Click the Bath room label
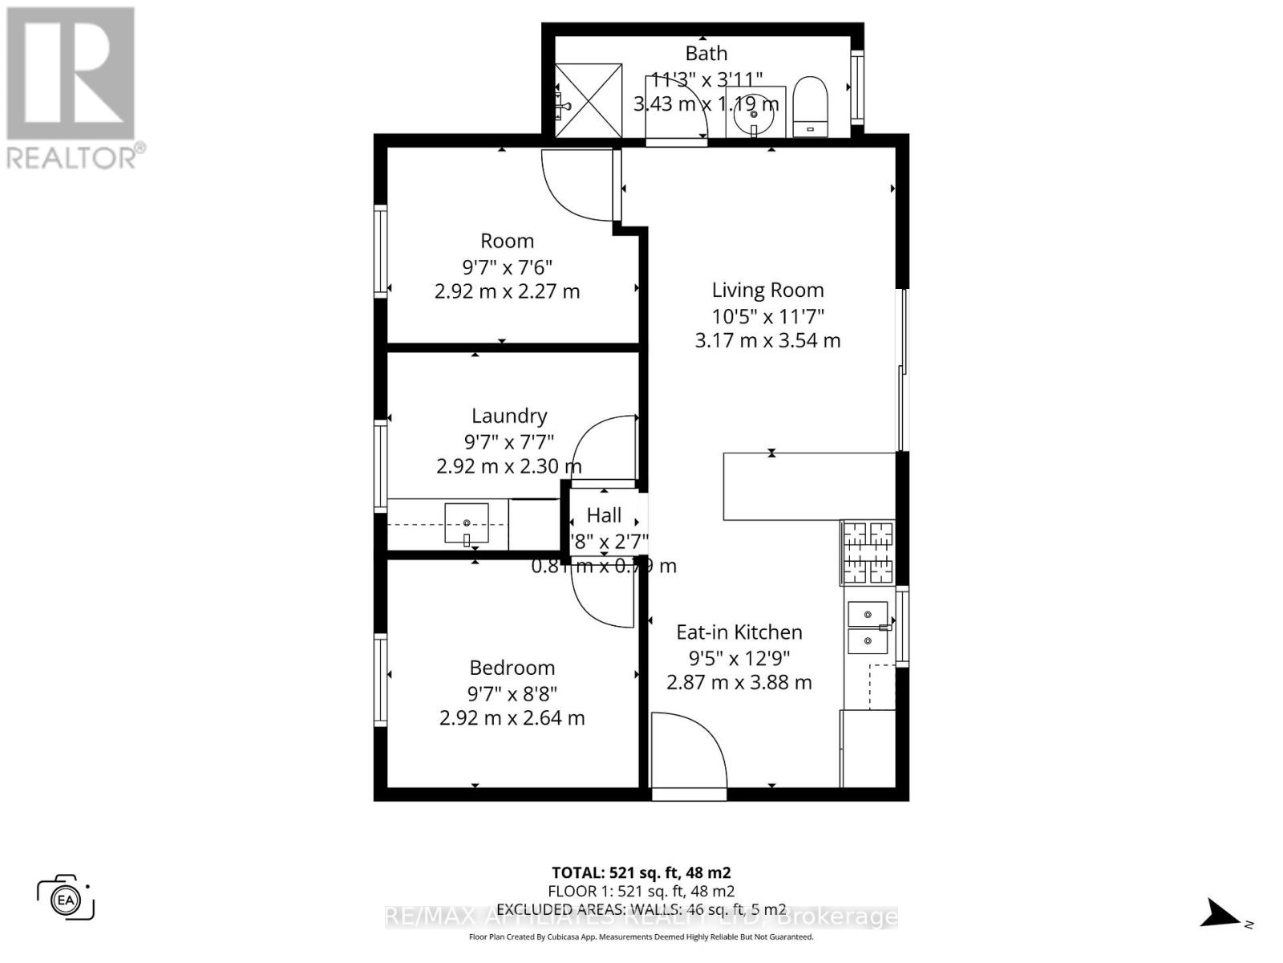pos(706,54)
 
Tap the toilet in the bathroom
pos(809,107)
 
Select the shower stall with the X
pos(589,101)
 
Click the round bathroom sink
pos(754,115)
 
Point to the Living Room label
pos(767,291)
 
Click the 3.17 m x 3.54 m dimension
pos(767,340)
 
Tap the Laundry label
pos(509,416)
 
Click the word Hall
pos(604,516)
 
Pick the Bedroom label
pos(512,668)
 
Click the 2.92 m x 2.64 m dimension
pos(512,718)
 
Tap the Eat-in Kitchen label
pos(739,632)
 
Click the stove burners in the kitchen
pos(868,552)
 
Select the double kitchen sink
pos(868,628)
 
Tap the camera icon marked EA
pos(66,898)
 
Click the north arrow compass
pos(1221,913)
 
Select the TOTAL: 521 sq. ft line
pos(641,872)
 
